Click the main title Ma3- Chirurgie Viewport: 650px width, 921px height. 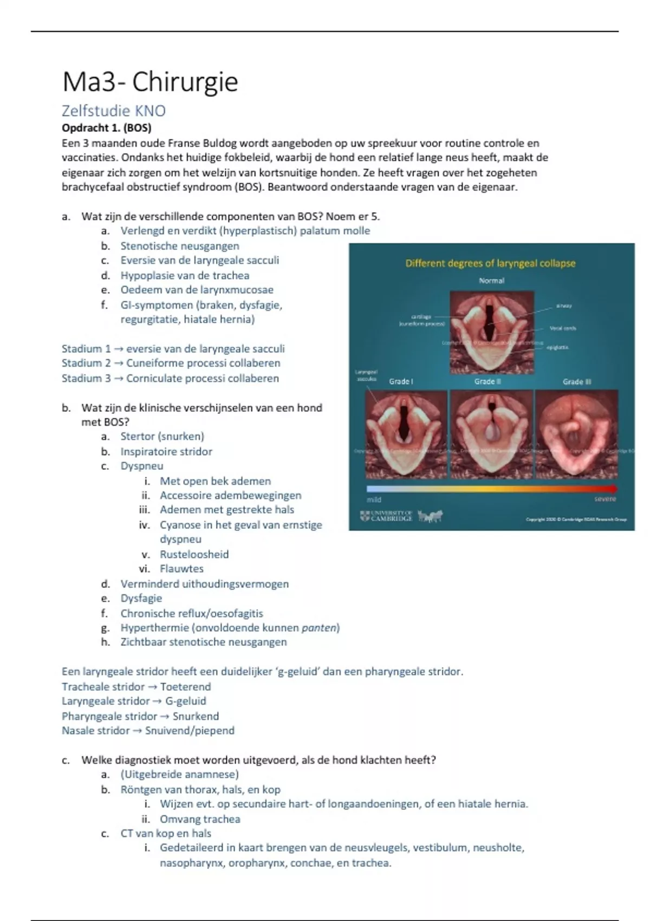150,82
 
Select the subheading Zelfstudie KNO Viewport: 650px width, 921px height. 114,111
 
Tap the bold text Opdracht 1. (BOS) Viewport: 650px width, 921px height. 106,128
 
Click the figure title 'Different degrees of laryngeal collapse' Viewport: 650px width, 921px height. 490,263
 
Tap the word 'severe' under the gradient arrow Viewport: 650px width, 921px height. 605,499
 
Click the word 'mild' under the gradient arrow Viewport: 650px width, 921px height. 374,500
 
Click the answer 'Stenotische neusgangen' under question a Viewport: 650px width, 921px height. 179,246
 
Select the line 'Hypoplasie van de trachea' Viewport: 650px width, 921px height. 185,275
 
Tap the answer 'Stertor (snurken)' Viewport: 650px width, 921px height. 162,436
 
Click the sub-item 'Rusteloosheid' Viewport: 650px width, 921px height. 194,554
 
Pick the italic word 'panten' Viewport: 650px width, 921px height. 319,627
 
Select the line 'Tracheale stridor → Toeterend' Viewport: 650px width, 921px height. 136,686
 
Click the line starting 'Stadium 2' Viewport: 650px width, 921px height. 171,363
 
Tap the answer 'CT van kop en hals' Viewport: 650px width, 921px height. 166,833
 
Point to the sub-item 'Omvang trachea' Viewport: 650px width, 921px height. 200,819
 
